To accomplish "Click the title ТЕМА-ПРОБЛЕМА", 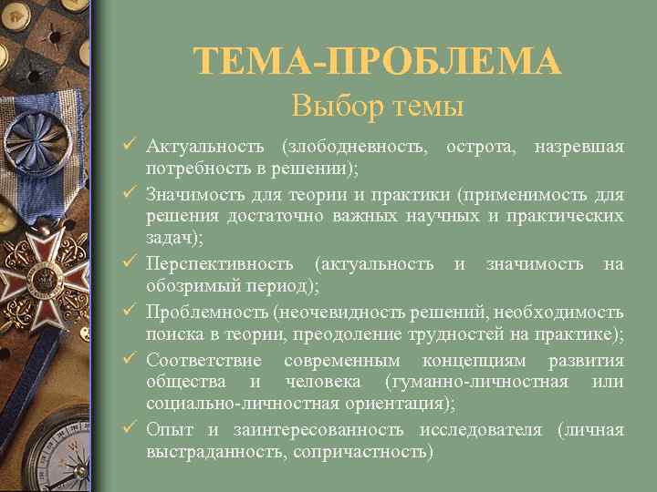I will [377, 62].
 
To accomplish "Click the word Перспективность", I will [220, 264].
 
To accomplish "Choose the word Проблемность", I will [206, 312].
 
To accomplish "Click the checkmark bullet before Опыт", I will [130, 428].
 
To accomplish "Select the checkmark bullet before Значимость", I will [130, 194].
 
